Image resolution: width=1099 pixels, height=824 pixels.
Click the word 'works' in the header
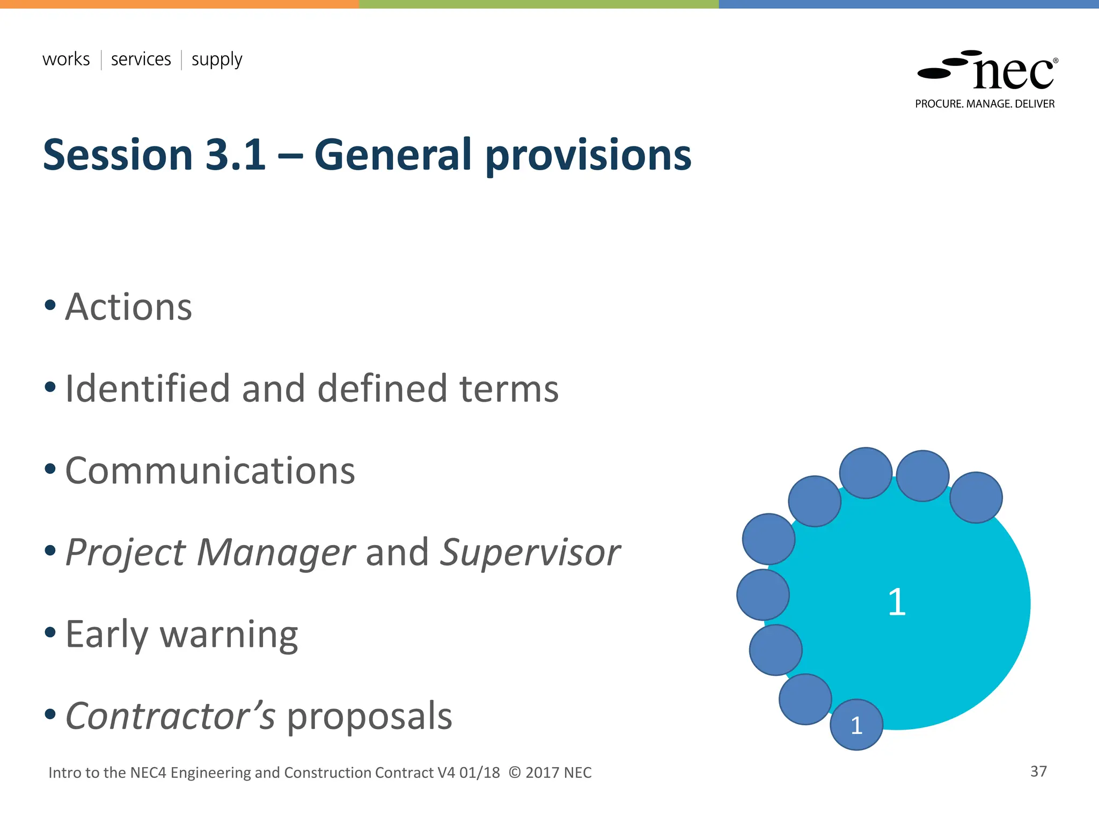(66, 59)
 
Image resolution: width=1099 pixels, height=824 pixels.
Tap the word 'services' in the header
(141, 59)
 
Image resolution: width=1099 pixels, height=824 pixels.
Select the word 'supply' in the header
(217, 60)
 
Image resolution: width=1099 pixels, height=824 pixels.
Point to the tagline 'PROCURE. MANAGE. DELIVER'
(985, 104)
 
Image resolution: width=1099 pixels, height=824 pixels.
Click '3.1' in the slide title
(236, 155)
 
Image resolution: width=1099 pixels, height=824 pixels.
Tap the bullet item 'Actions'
(128, 307)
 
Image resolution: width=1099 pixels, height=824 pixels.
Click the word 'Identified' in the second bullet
(148, 388)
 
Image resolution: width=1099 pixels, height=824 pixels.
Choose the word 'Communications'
(210, 471)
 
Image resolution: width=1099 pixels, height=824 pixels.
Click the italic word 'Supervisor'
(530, 553)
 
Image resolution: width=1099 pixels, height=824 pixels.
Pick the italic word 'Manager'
(275, 553)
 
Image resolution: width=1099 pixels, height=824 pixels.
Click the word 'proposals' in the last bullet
(370, 717)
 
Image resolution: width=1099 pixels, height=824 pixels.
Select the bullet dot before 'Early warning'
(50, 632)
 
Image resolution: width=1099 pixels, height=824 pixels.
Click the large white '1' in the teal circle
(897, 602)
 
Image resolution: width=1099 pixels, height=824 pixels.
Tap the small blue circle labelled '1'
(856, 725)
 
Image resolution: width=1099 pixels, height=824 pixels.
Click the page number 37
(1038, 771)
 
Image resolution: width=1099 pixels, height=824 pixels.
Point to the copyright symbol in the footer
(514, 773)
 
